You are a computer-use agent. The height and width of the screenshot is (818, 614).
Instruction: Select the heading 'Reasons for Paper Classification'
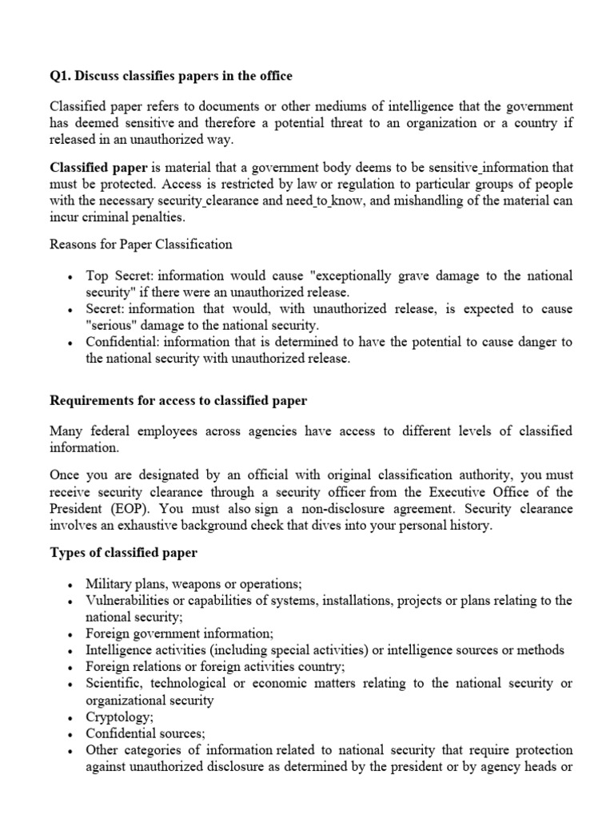pos(141,244)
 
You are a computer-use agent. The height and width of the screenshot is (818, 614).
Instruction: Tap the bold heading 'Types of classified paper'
pos(124,554)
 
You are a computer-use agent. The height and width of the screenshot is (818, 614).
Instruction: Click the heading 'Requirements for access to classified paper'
pos(178,400)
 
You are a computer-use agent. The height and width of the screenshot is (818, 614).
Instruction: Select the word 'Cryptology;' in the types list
pos(118,717)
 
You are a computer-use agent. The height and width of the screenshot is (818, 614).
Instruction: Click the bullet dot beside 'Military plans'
pos(72,585)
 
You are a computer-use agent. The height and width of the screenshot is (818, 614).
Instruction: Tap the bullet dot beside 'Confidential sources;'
pos(72,734)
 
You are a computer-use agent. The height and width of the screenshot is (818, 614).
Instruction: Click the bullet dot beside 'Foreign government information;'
pos(72,634)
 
